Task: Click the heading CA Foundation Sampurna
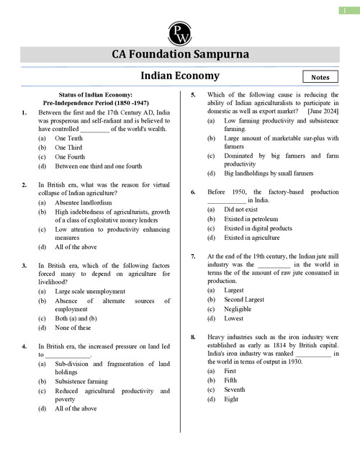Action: tap(179, 55)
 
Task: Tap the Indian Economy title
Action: tap(179, 76)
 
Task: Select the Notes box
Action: tap(320, 76)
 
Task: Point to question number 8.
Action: tap(193, 336)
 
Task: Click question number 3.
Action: tap(24, 265)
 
